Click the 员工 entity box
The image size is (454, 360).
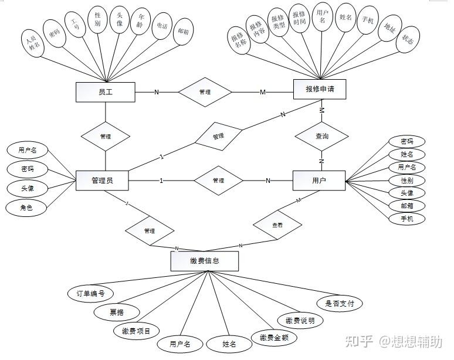(x=106, y=91)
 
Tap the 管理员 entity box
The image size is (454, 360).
(x=102, y=180)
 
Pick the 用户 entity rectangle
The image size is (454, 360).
(x=319, y=180)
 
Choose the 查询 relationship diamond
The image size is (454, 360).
(x=321, y=136)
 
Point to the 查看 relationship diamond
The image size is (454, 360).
(x=277, y=225)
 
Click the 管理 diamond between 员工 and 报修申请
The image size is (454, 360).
(x=205, y=92)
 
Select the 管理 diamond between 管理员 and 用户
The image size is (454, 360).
(x=218, y=181)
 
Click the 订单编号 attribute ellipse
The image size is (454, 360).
(x=87, y=293)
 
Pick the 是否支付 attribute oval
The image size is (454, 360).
(x=339, y=303)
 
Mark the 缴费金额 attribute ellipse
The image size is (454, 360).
(x=274, y=337)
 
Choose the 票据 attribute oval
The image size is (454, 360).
(x=116, y=312)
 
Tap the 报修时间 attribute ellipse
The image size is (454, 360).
(x=299, y=22)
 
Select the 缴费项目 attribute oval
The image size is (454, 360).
(x=136, y=331)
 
